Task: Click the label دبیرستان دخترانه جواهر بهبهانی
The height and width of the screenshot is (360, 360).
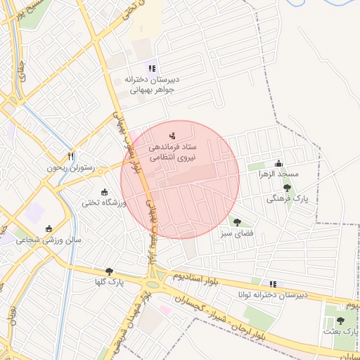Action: (x=150, y=84)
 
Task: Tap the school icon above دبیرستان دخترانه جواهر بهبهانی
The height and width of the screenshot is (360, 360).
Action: (x=151, y=68)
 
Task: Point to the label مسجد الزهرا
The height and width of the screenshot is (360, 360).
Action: (x=278, y=173)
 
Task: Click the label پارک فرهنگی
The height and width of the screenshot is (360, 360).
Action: (x=287, y=199)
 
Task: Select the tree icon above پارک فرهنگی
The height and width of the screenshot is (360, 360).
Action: (x=287, y=188)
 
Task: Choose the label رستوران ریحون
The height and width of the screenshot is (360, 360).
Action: (x=70, y=167)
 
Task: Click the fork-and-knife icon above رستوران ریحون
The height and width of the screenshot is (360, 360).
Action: (x=70, y=155)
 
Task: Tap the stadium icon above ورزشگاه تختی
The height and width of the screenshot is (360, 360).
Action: (x=105, y=192)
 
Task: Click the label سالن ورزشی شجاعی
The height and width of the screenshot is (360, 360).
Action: (x=49, y=240)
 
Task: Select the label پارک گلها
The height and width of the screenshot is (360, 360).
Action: (x=110, y=282)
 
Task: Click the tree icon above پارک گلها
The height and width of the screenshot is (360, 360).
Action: (x=109, y=271)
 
